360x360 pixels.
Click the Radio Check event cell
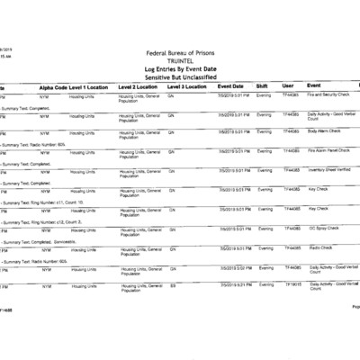pyautogui.click(x=320, y=247)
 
